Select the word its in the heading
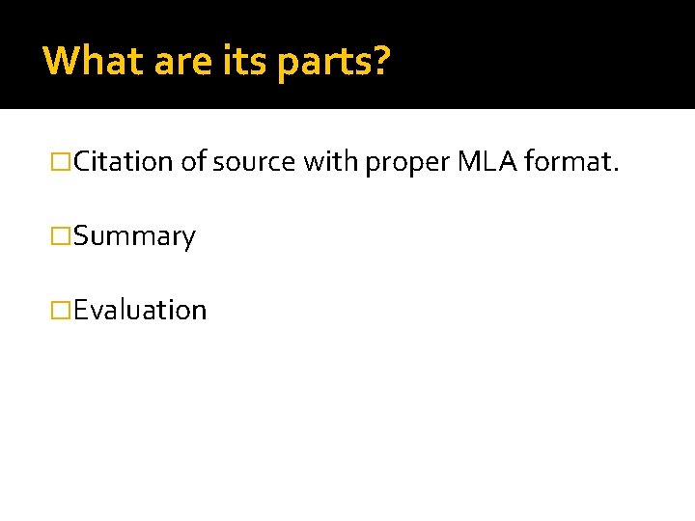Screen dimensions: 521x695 point(240,60)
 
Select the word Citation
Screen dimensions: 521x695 point(124,161)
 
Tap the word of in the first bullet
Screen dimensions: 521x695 point(193,161)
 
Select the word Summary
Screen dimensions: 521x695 point(134,237)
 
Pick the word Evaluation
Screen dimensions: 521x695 point(140,311)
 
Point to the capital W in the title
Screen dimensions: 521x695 point(62,60)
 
